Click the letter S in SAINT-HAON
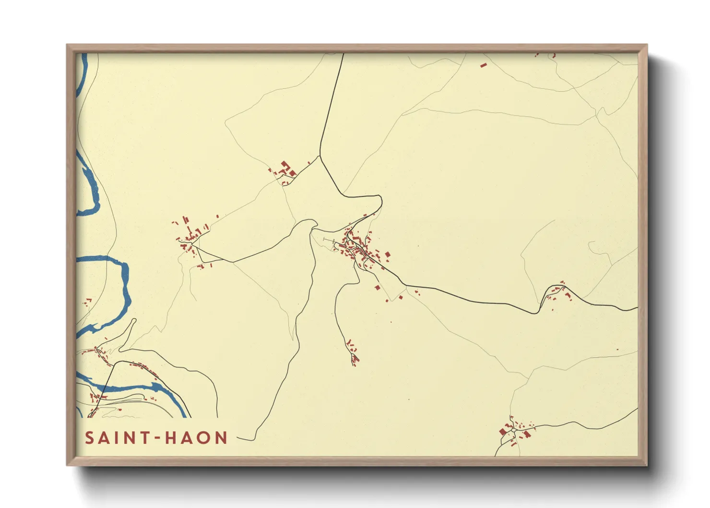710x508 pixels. [90, 438]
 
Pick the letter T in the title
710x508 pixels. [141, 438]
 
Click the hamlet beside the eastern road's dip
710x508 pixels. [557, 292]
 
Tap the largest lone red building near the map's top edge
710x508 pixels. [484, 64]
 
